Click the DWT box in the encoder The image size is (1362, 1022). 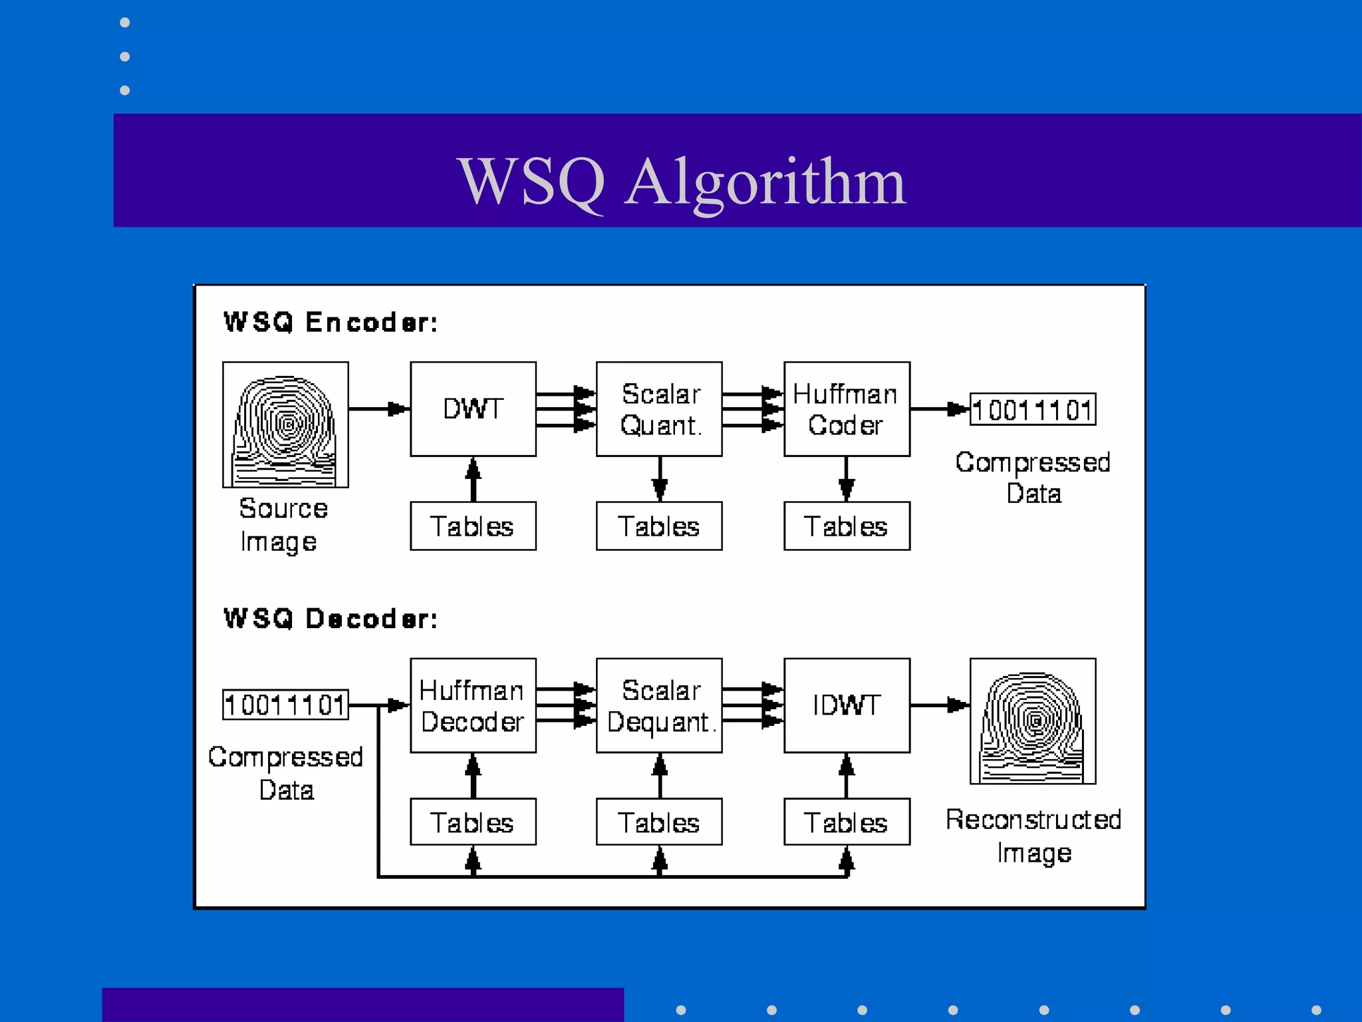(473, 409)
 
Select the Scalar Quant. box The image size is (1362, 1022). (659, 409)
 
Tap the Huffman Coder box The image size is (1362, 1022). (846, 409)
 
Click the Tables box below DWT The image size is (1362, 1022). (473, 526)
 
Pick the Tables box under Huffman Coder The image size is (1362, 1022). (846, 526)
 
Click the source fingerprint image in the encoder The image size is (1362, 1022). (285, 425)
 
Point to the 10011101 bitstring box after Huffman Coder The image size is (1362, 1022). (1032, 409)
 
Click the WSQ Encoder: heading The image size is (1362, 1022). (331, 322)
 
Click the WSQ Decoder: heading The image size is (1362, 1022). (331, 618)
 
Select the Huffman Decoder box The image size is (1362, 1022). (473, 705)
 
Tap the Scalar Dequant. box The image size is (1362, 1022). (659, 705)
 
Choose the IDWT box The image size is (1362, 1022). (846, 705)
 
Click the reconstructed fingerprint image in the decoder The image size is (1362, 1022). (1032, 721)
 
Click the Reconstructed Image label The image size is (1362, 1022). (1033, 836)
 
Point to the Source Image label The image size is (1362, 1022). (283, 525)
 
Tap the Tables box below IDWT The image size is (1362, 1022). (846, 822)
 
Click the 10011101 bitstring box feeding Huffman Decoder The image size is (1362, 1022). (285, 705)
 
